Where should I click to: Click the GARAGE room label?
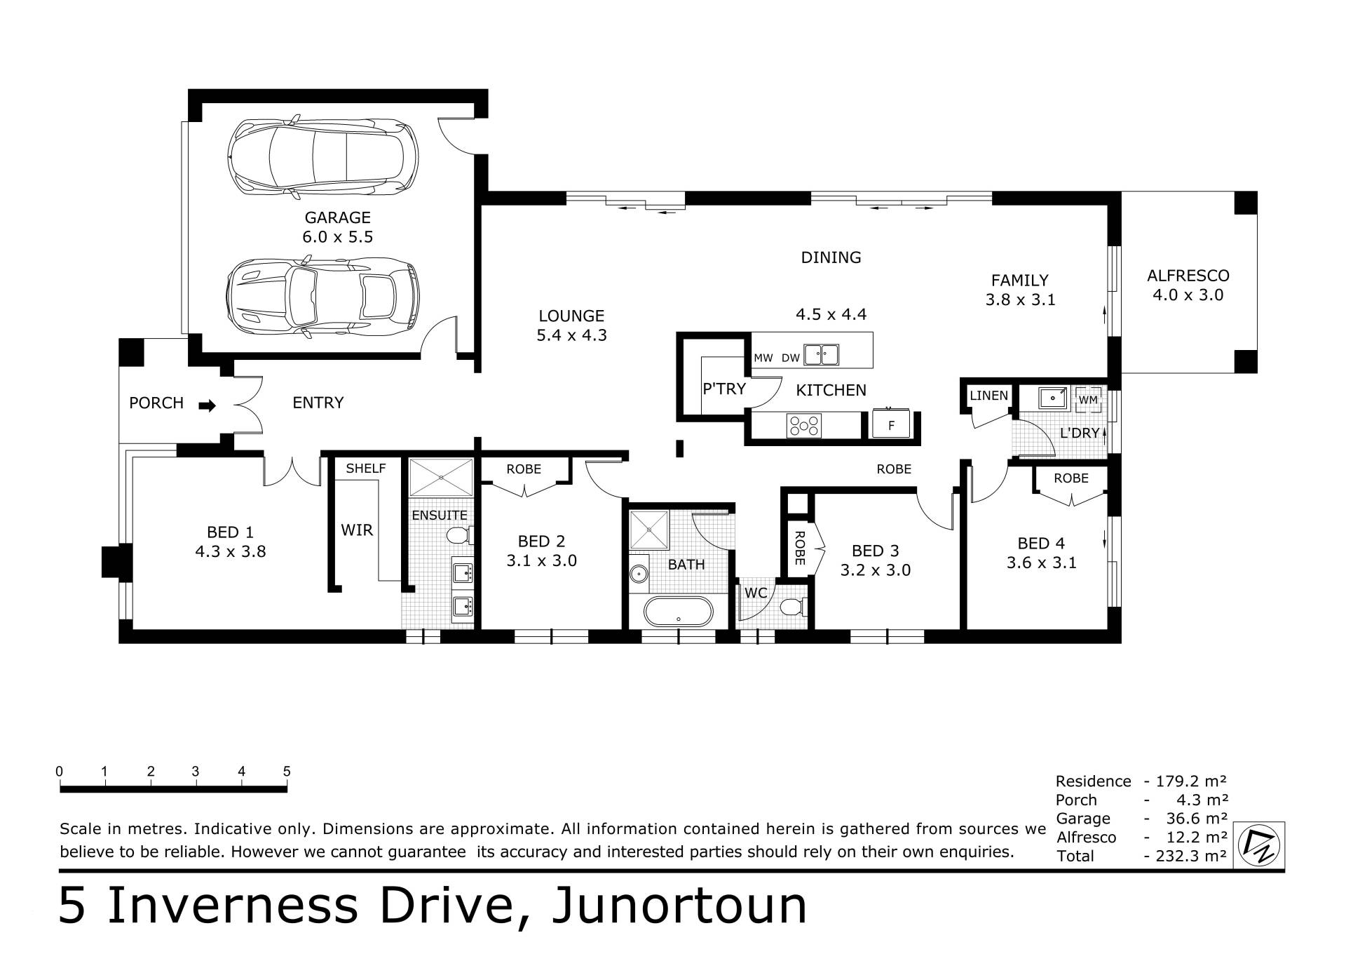[x=337, y=217]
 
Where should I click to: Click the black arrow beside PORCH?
[x=208, y=405]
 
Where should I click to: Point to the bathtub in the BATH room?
[x=678, y=611]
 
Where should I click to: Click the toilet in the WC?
[x=796, y=606]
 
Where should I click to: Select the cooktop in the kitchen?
[x=804, y=425]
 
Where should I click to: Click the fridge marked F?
[x=891, y=424]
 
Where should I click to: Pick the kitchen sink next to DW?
[x=821, y=355]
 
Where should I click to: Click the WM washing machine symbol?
[x=1088, y=399]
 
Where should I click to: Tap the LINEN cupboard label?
[x=989, y=396]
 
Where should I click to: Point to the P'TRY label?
[x=724, y=388]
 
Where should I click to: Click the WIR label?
[x=357, y=530]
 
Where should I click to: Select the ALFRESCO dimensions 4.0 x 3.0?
[x=1188, y=295]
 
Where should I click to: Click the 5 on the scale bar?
[x=287, y=772]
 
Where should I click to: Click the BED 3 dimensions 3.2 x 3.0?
[x=876, y=570]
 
